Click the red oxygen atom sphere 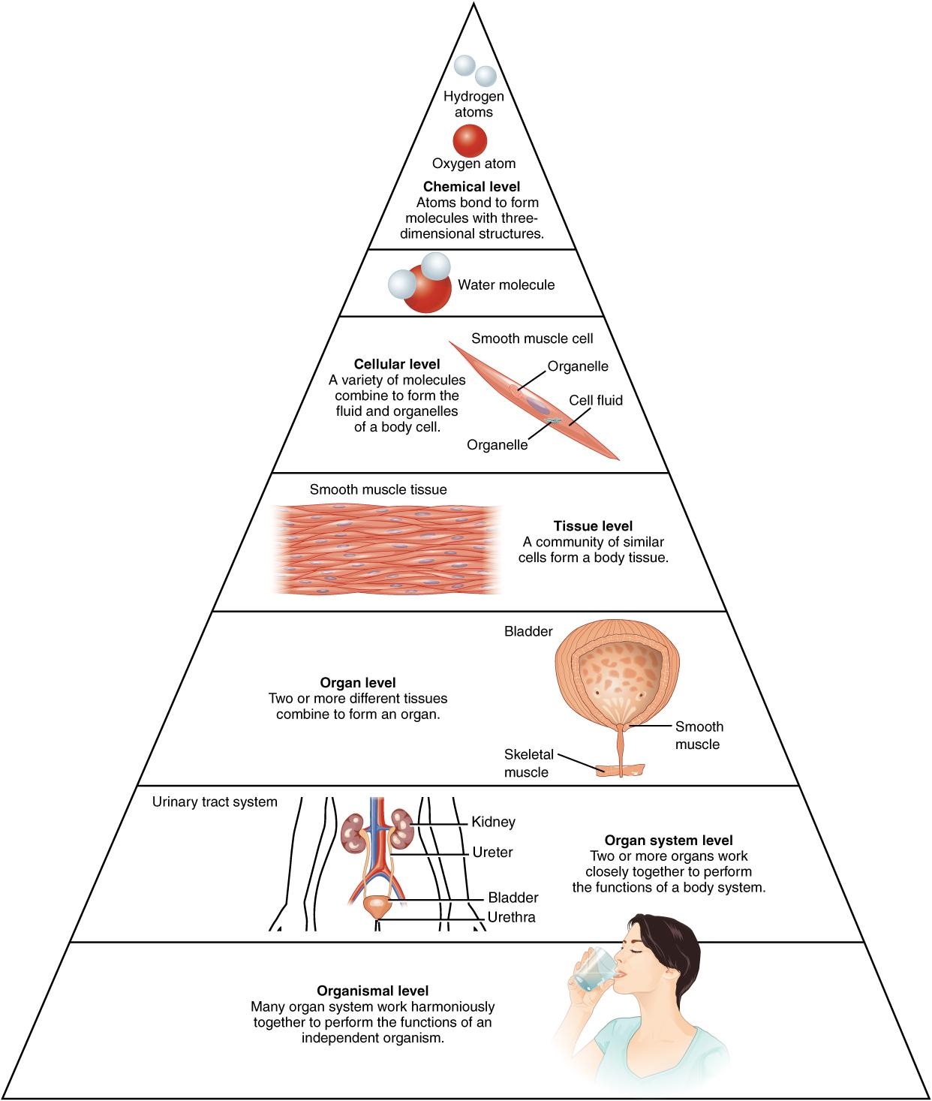click(x=470, y=141)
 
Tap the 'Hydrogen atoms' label click(x=474, y=104)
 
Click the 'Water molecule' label click(x=507, y=285)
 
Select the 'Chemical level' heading click(x=471, y=187)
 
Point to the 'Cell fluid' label click(x=596, y=401)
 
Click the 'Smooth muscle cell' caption click(x=532, y=338)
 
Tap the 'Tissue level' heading click(x=593, y=526)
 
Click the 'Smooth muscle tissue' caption click(x=378, y=490)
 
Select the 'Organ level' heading click(x=358, y=683)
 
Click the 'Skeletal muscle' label click(x=528, y=763)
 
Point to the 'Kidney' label click(x=494, y=823)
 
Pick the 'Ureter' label click(x=493, y=853)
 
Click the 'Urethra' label click(x=512, y=917)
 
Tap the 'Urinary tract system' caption click(x=215, y=802)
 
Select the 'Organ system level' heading click(x=669, y=841)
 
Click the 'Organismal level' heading click(x=373, y=991)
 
